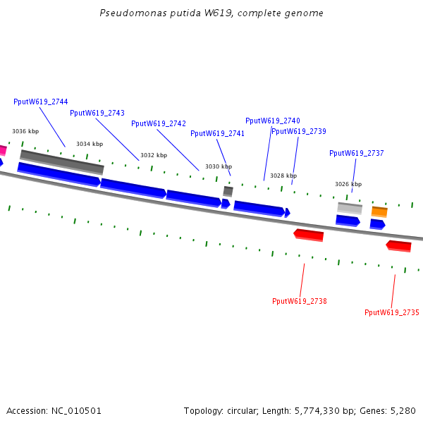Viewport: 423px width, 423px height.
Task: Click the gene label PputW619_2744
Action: click(x=41, y=102)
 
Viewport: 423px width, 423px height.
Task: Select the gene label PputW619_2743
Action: click(x=97, y=113)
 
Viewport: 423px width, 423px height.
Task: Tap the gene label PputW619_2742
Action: click(x=159, y=124)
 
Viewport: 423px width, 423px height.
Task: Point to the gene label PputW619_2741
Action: click(x=217, y=133)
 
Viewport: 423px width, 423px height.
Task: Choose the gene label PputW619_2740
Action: click(x=273, y=121)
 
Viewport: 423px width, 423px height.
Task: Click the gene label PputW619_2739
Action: click(x=299, y=131)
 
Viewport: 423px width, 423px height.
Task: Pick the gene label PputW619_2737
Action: click(x=357, y=153)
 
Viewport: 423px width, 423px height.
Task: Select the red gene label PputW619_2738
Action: click(x=300, y=301)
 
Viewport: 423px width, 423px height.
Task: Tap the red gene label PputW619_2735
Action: click(x=392, y=312)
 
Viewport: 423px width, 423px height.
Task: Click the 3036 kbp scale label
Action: click(x=25, y=131)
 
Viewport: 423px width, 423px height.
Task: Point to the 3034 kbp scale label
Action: click(x=90, y=144)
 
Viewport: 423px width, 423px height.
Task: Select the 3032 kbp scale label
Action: click(x=154, y=155)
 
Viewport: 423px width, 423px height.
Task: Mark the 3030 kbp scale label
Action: click(x=219, y=166)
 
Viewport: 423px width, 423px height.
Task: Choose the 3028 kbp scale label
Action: click(x=283, y=176)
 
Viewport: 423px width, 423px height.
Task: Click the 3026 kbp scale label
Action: click(x=348, y=184)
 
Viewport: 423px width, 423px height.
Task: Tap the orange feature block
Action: click(x=379, y=211)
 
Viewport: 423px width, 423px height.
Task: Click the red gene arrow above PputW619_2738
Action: click(x=309, y=235)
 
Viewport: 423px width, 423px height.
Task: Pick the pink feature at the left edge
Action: click(x=3, y=150)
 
